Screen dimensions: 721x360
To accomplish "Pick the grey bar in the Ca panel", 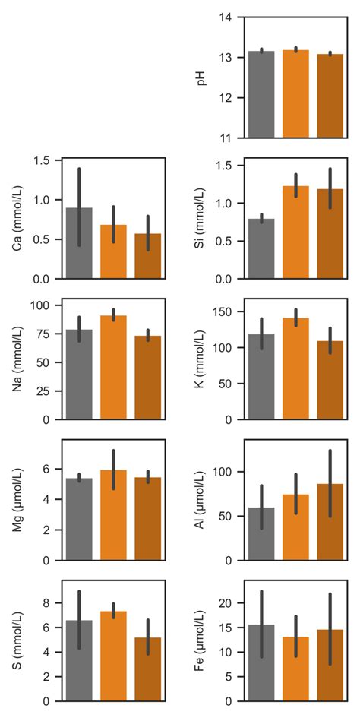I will pos(80,251).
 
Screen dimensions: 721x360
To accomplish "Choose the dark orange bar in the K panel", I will pos(330,380).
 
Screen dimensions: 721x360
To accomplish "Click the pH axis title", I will pos(202,77).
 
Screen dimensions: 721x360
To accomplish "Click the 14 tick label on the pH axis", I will pos(227,17).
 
